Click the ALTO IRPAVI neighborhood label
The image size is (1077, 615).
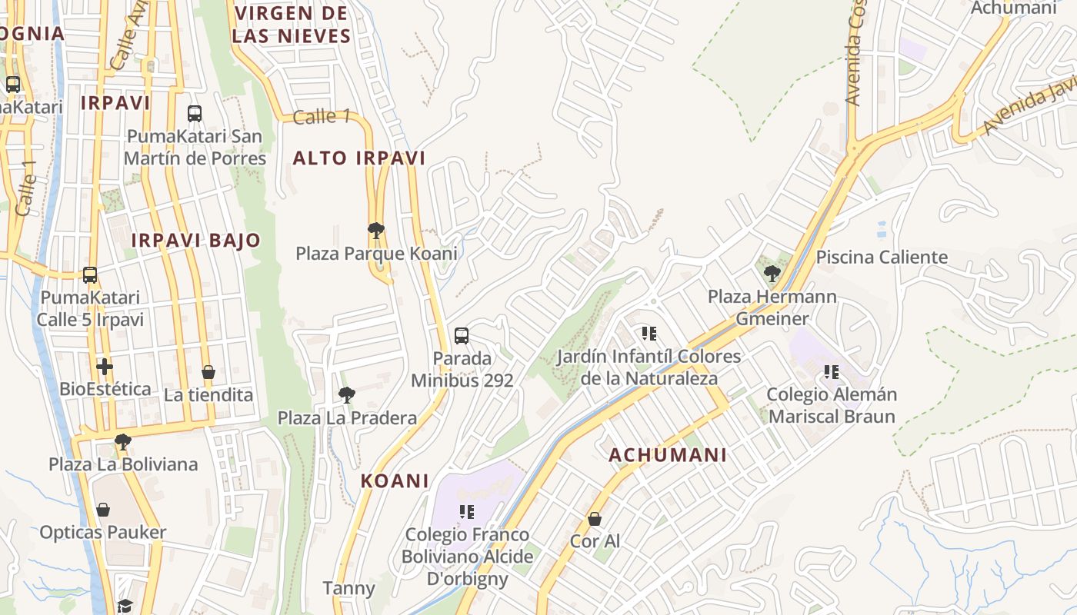point(358,158)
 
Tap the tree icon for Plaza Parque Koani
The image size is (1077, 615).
point(376,230)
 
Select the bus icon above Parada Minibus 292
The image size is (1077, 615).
point(462,335)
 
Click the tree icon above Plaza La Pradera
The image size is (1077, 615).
point(347,395)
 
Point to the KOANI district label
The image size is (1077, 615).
point(395,481)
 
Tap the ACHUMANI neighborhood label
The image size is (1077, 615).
point(668,455)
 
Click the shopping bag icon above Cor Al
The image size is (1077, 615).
point(595,519)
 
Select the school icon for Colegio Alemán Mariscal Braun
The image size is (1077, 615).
point(832,372)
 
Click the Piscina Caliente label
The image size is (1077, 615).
point(882,258)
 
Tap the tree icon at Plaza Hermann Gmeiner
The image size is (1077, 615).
point(772,273)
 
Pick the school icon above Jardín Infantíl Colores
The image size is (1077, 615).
point(649,334)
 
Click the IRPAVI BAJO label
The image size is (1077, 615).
point(195,241)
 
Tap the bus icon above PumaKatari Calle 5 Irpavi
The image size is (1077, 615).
point(90,274)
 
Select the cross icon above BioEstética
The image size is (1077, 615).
point(105,367)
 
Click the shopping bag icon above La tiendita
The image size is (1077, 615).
point(208,372)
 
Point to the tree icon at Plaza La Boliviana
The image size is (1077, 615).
point(122,441)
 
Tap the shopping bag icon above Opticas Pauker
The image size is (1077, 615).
point(102,510)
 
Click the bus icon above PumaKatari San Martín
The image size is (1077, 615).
point(195,114)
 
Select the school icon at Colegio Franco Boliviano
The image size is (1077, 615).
point(466,511)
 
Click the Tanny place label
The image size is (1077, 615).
point(348,589)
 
